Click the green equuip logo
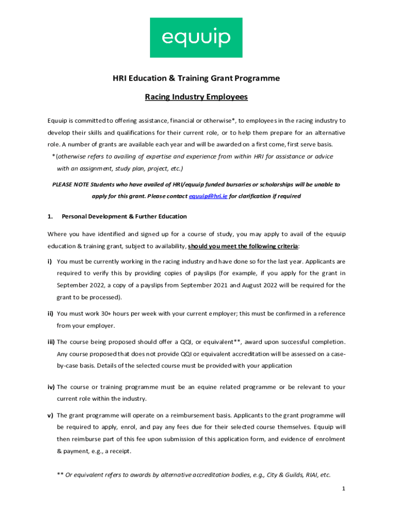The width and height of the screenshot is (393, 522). coord(196,38)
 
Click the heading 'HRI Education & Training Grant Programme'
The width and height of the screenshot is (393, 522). coord(196,78)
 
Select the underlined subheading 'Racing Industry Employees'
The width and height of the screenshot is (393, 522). coord(196,96)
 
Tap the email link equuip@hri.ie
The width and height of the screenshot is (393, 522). coord(208,196)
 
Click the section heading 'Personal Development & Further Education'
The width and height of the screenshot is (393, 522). coord(124,216)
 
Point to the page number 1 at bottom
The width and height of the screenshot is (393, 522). coord(344,489)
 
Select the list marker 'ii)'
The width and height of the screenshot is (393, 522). coord(51,314)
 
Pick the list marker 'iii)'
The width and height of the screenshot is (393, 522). coord(51,342)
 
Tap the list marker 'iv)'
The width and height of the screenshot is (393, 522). coord(51,387)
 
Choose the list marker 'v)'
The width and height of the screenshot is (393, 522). coord(51,415)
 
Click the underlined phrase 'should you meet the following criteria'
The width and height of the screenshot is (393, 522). coord(243,246)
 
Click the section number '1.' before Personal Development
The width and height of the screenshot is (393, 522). coord(51,216)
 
